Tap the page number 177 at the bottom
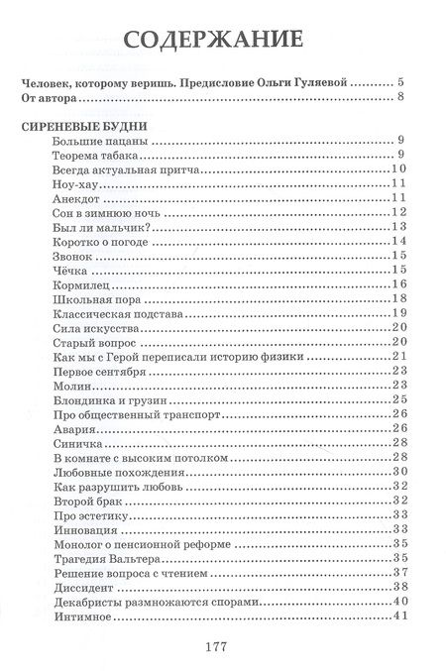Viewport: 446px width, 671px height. tap(218, 646)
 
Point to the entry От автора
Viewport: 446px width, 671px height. tap(47, 99)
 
